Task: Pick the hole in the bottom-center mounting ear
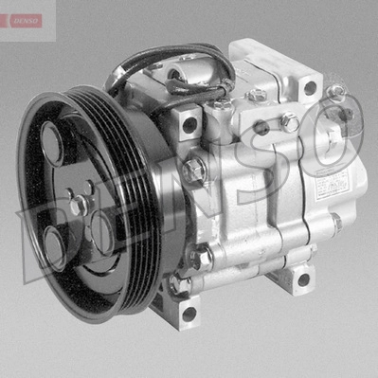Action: tap(189, 312)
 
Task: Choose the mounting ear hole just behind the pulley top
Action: tap(189, 123)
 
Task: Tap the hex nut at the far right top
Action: tap(335, 92)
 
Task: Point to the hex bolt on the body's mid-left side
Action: tap(193, 171)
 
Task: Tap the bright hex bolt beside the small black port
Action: tap(290, 121)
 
